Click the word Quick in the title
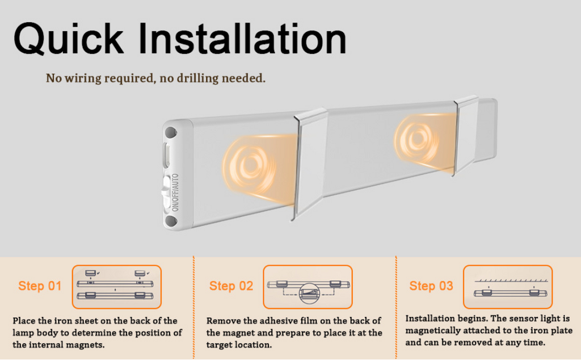(x=69, y=39)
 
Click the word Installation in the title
(x=243, y=39)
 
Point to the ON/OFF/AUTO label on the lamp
(x=175, y=192)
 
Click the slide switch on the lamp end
(x=166, y=190)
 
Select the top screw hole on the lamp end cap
(x=170, y=132)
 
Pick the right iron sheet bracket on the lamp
(x=466, y=135)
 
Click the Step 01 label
(x=40, y=286)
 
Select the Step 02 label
(x=231, y=286)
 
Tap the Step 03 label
(x=431, y=286)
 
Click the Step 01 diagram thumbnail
(x=117, y=287)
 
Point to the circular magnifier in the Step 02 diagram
(x=309, y=294)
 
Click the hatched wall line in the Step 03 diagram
(x=507, y=281)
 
